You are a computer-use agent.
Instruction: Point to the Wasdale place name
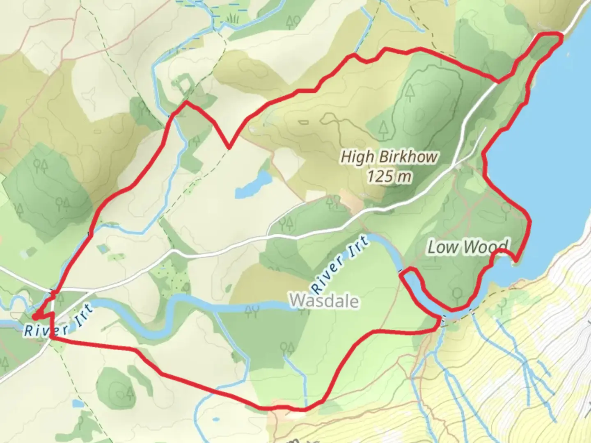coord(324,301)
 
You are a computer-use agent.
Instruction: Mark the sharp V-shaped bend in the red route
coord(229,147)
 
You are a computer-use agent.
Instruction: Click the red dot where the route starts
coord(36,317)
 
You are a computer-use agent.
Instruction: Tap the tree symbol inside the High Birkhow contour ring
coord(410,93)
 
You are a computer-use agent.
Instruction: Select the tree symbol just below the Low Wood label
coord(457,294)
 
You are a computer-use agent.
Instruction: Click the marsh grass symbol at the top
coord(234,18)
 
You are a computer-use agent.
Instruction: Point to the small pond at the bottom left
coord(77,404)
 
